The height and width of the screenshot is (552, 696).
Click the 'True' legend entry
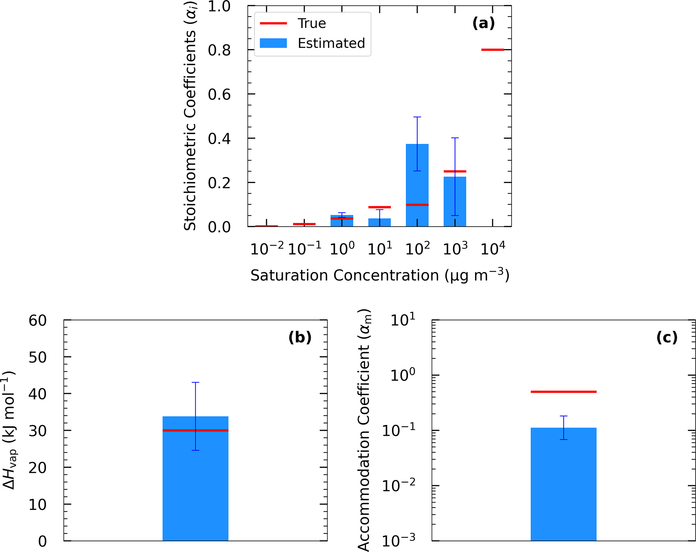click(311, 24)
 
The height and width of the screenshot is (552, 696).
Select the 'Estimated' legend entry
click(331, 43)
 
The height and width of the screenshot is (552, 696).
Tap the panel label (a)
click(484, 24)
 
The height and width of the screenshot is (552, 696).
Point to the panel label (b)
click(300, 337)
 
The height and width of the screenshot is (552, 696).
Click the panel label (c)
click(667, 337)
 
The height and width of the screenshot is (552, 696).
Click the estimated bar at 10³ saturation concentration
click(455, 202)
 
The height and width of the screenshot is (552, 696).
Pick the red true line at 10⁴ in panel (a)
click(493, 50)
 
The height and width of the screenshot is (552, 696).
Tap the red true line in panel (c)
click(563, 392)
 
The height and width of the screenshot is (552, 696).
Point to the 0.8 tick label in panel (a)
click(219, 51)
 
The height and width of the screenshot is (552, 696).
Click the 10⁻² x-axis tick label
click(267, 249)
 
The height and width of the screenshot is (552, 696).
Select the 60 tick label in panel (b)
click(37, 321)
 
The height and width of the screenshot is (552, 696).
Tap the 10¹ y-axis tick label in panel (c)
click(403, 320)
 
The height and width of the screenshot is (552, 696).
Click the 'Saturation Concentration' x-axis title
click(380, 275)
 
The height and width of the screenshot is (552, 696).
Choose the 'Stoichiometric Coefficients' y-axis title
click(190, 116)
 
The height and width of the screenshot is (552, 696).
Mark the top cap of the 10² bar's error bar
click(417, 117)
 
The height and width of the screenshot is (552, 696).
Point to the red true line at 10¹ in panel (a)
click(379, 207)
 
